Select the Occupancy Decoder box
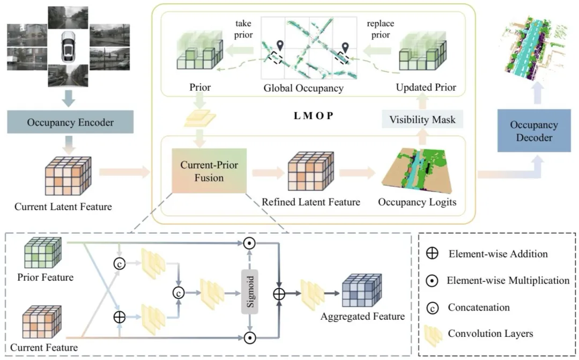(x=526, y=130)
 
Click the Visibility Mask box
(x=423, y=120)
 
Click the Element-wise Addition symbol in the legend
(x=430, y=254)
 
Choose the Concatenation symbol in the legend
(x=430, y=307)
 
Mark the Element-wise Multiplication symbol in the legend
(x=430, y=281)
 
